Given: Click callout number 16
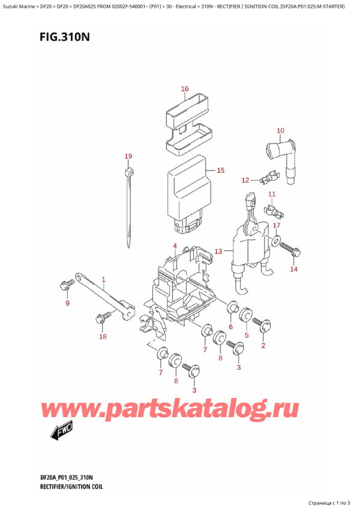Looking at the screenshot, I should pos(185,89).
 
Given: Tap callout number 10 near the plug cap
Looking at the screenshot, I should pos(280,130).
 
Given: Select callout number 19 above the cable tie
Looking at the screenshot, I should pos(128,157).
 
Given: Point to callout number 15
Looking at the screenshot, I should pos(220,170).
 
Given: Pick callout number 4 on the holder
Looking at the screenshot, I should pos(175,245).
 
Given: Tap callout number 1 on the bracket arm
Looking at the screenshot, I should pos(103,279).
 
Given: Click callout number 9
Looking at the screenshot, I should pos(67,303).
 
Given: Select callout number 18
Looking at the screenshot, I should pos(103,336).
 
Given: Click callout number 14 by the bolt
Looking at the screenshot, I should pos(293,269).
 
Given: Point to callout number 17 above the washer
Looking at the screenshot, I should pos(276,225).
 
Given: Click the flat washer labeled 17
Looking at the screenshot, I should pos(275,242).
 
